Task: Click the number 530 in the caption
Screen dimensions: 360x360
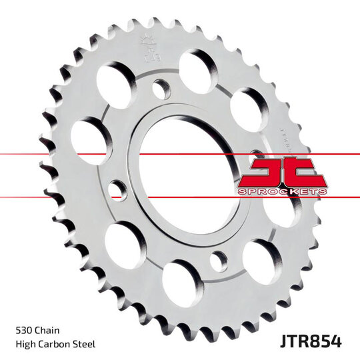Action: coord(24,330)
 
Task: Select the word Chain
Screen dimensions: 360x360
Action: coord(50,330)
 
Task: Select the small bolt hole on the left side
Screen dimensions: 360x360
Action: coord(117,191)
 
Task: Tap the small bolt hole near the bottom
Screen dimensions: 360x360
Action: coord(218,261)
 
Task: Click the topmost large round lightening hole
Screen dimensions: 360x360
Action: coord(197,69)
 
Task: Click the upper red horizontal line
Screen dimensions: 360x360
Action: coord(67,154)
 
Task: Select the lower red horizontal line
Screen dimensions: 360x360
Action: coord(67,197)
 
